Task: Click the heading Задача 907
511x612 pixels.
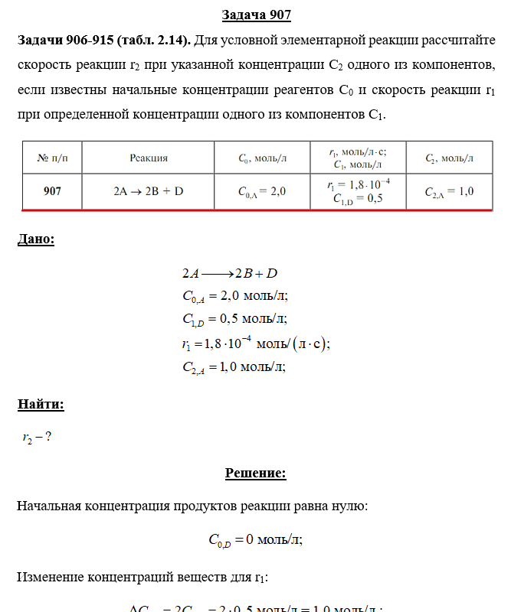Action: point(256,15)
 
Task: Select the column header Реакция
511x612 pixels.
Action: point(149,158)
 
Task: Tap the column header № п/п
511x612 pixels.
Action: point(52,158)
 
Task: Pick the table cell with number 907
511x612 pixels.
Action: point(52,192)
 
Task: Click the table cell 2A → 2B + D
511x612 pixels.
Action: point(149,192)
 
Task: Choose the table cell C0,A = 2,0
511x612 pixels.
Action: point(262,192)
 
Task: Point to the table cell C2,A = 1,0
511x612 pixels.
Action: point(449,192)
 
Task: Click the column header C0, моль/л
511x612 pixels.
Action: point(262,158)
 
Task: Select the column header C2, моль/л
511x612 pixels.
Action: point(449,158)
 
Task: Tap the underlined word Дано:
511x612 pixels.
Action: point(36,239)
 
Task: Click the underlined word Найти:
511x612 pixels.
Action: point(41,405)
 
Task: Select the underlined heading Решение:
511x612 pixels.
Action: point(256,473)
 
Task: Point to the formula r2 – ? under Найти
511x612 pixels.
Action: point(37,438)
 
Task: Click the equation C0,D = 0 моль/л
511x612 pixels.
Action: point(256,540)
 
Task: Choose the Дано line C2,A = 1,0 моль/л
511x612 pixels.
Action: point(234,367)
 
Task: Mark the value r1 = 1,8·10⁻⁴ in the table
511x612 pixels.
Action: point(358,184)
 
